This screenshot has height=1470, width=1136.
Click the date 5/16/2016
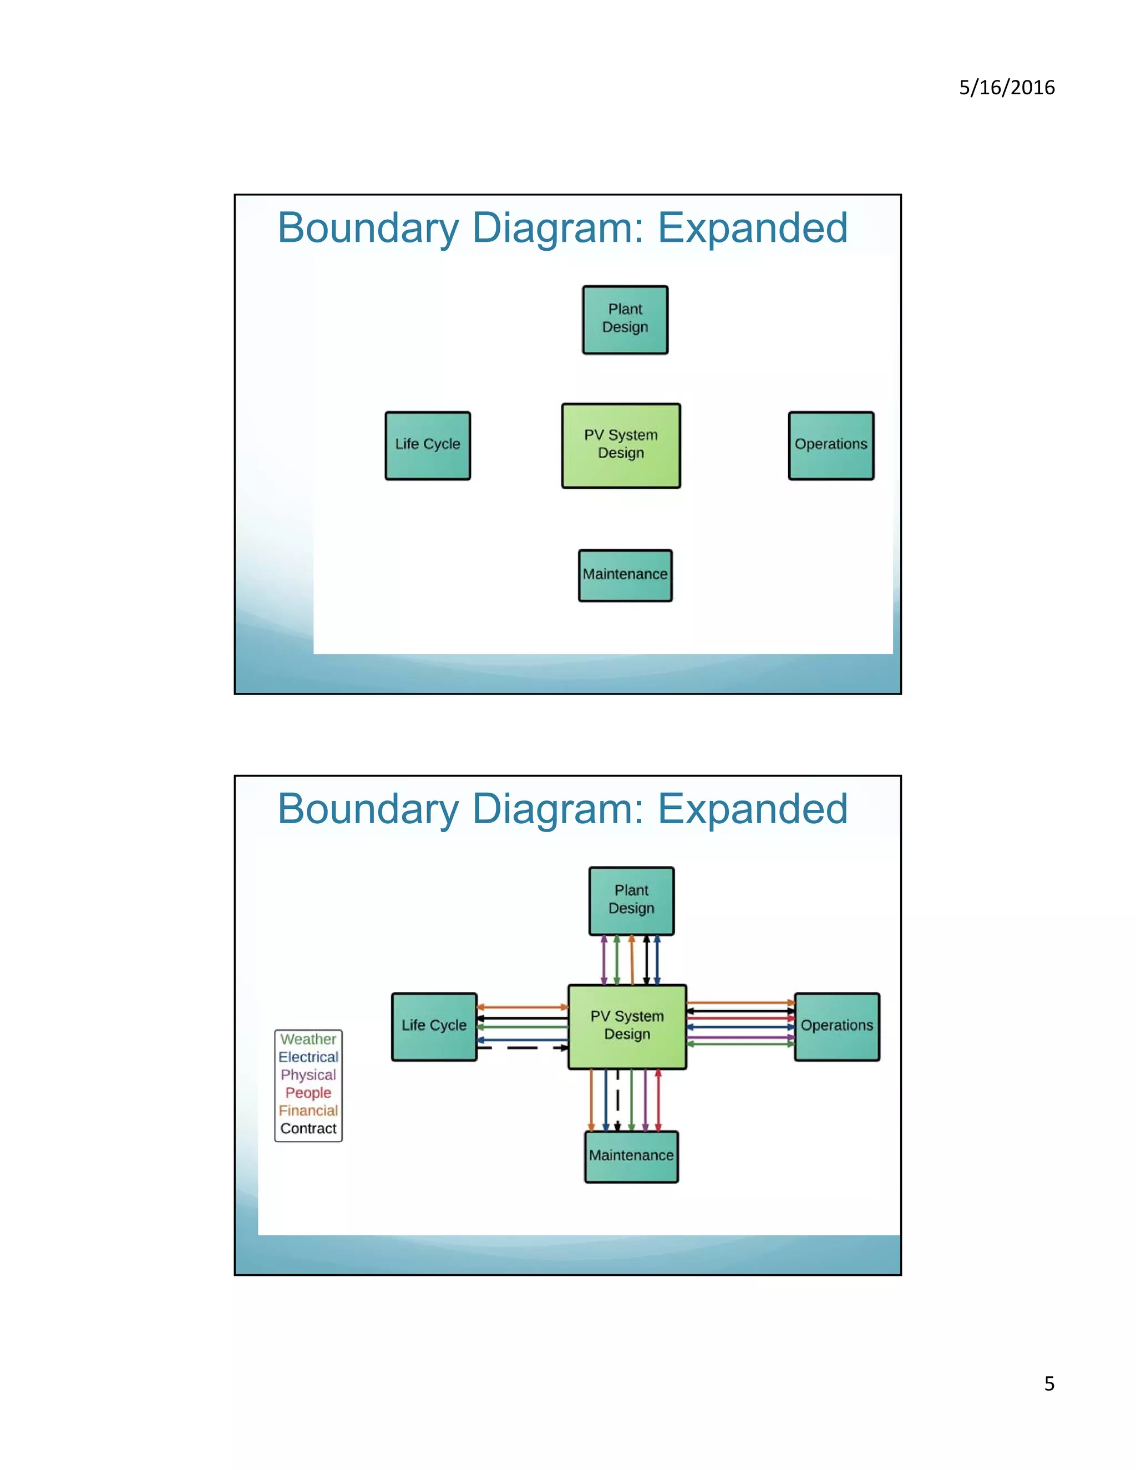(x=1006, y=88)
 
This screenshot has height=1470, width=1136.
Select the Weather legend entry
(x=308, y=1039)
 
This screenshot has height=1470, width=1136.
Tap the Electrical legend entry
(x=308, y=1057)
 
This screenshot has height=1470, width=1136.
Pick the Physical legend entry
(x=308, y=1075)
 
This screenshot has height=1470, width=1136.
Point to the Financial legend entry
(x=308, y=1111)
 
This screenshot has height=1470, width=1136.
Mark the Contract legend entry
(x=308, y=1128)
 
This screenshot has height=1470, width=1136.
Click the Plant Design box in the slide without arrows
(x=625, y=320)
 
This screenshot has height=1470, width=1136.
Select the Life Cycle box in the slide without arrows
(x=427, y=445)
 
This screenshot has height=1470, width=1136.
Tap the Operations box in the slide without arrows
(x=831, y=445)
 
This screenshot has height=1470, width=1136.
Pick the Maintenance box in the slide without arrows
(x=625, y=575)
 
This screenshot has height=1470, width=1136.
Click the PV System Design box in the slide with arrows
(x=627, y=1026)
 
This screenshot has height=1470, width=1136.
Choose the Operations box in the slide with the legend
(x=836, y=1026)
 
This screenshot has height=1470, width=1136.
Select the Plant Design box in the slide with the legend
(x=631, y=900)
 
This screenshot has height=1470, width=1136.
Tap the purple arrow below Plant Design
(x=603, y=960)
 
